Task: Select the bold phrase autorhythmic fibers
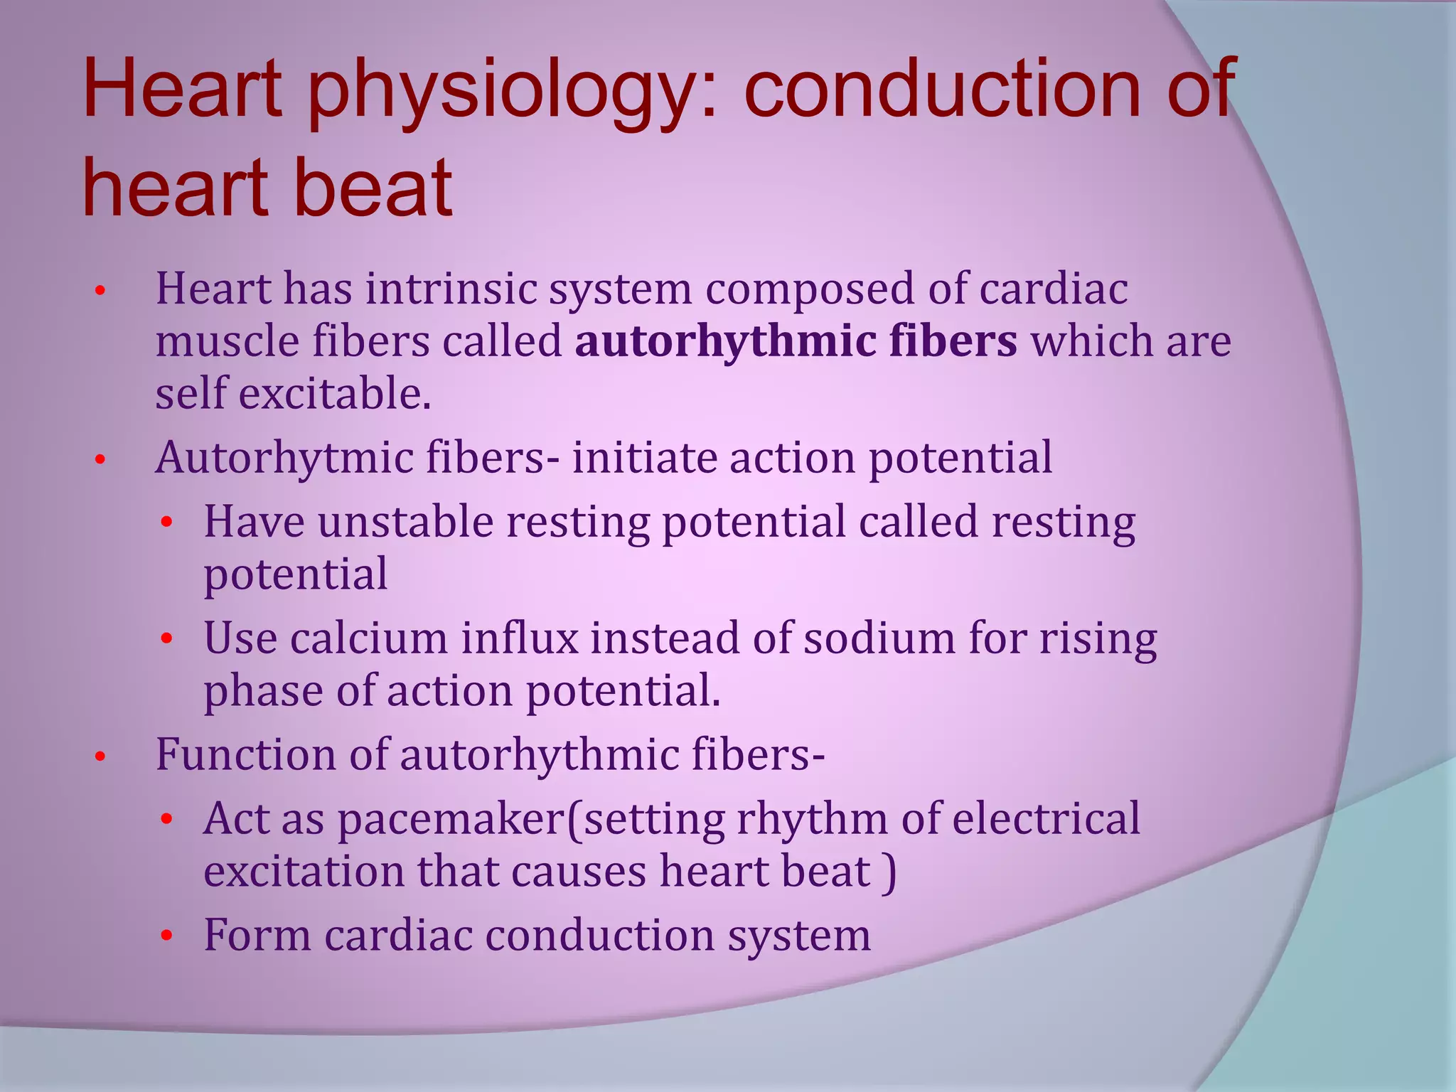pos(796,341)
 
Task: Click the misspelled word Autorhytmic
pos(284,458)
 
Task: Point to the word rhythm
pos(811,820)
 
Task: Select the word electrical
pos(1046,818)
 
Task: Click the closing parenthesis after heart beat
pos(889,873)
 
